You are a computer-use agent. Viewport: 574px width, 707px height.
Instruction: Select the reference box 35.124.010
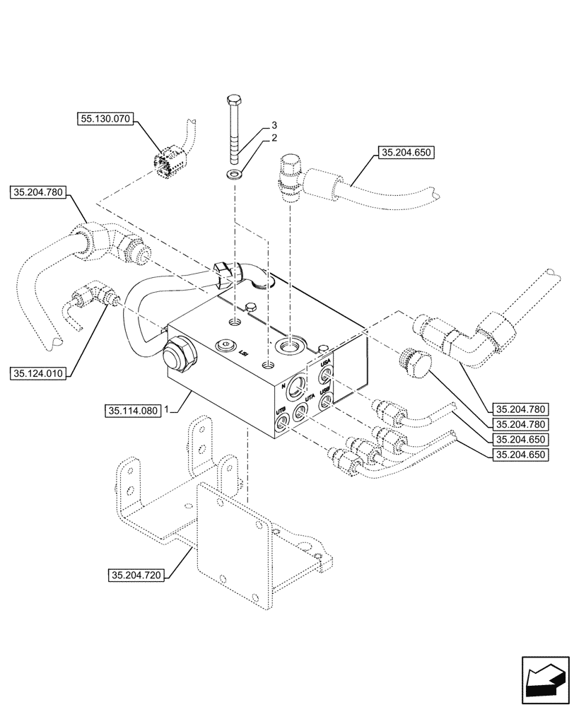pyautogui.click(x=38, y=373)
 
